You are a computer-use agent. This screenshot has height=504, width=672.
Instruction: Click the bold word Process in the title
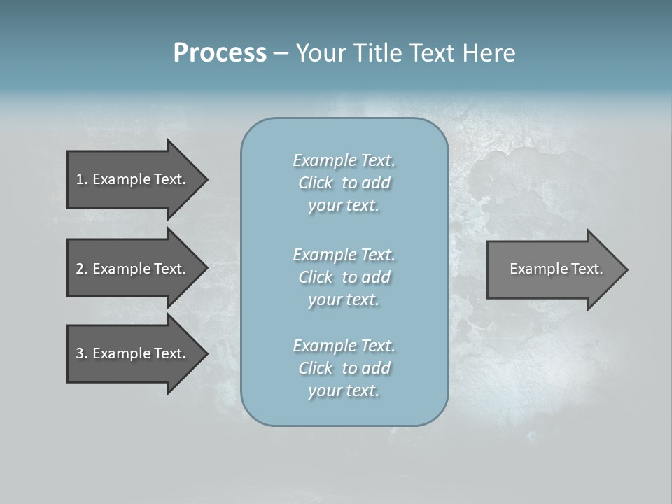point(220,53)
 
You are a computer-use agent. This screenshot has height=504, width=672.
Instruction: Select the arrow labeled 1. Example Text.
point(133,179)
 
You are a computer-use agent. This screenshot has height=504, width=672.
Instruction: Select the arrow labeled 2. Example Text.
point(133,269)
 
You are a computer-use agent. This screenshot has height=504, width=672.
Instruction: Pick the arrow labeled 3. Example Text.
point(133,353)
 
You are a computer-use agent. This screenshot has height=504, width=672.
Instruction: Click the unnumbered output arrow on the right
point(553,269)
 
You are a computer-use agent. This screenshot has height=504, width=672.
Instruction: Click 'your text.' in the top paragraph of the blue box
point(344,205)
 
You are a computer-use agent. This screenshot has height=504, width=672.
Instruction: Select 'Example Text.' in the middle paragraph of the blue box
point(344,254)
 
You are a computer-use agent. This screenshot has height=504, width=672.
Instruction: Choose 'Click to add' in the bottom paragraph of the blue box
point(344,368)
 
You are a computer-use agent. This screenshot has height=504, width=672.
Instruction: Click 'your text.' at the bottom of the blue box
point(344,391)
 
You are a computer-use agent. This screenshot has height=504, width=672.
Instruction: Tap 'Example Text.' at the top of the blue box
point(344,160)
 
